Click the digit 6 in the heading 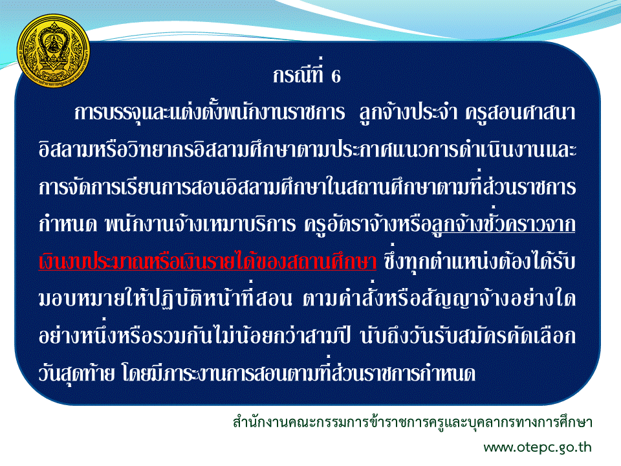click(x=336, y=76)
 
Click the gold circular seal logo click(x=54, y=50)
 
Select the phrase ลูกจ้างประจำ click(x=408, y=112)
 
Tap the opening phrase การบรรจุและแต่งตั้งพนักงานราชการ click(x=210, y=111)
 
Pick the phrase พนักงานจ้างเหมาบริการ click(x=201, y=224)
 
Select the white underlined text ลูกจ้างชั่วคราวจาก click(x=503, y=224)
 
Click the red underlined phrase click(x=207, y=261)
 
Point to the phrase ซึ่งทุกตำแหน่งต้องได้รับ click(x=479, y=261)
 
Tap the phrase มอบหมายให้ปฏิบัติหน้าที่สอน click(x=165, y=298)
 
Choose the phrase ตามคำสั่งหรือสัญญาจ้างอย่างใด click(x=439, y=298)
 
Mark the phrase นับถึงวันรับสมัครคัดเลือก click(x=468, y=336)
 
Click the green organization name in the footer click(x=412, y=423)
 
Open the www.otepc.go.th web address click(x=538, y=447)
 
